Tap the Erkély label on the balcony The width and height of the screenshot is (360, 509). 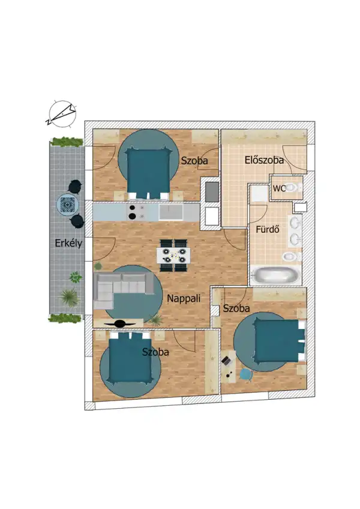pyautogui.click(x=67, y=244)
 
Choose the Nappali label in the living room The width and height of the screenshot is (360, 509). pyautogui.click(x=183, y=298)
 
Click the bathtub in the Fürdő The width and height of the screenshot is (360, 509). pyautogui.click(x=274, y=277)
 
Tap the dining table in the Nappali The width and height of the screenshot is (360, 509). pyautogui.click(x=174, y=251)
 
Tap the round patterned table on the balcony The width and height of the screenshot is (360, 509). pyautogui.click(x=67, y=205)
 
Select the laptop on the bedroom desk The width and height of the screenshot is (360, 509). pyautogui.click(x=227, y=360)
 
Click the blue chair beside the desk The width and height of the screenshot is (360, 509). pyautogui.click(x=245, y=373)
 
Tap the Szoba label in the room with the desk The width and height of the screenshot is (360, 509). pyautogui.click(x=236, y=309)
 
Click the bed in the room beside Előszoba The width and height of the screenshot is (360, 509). pyautogui.click(x=148, y=171)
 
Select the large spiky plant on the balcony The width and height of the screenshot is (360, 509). pyautogui.click(x=69, y=297)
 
